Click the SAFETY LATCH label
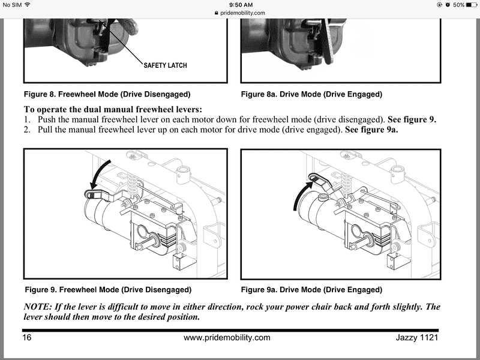pos(166,65)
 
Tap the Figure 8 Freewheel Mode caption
pos(107,94)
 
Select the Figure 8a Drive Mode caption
pos(311,94)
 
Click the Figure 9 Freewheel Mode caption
pos(108,290)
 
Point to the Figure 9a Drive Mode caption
pos(311,290)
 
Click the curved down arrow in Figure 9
pos(97,171)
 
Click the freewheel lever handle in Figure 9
pos(97,194)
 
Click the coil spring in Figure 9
pos(132,184)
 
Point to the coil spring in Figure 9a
pos(346,184)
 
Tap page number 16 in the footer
pos(26,337)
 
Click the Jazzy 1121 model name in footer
pos(417,337)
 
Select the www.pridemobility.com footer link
pos(227,338)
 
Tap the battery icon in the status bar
pos(472,5)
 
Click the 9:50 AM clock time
pos(241,5)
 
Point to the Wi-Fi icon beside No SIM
pos(28,5)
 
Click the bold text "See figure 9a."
pos(371,130)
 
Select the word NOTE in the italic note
pos(38,307)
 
